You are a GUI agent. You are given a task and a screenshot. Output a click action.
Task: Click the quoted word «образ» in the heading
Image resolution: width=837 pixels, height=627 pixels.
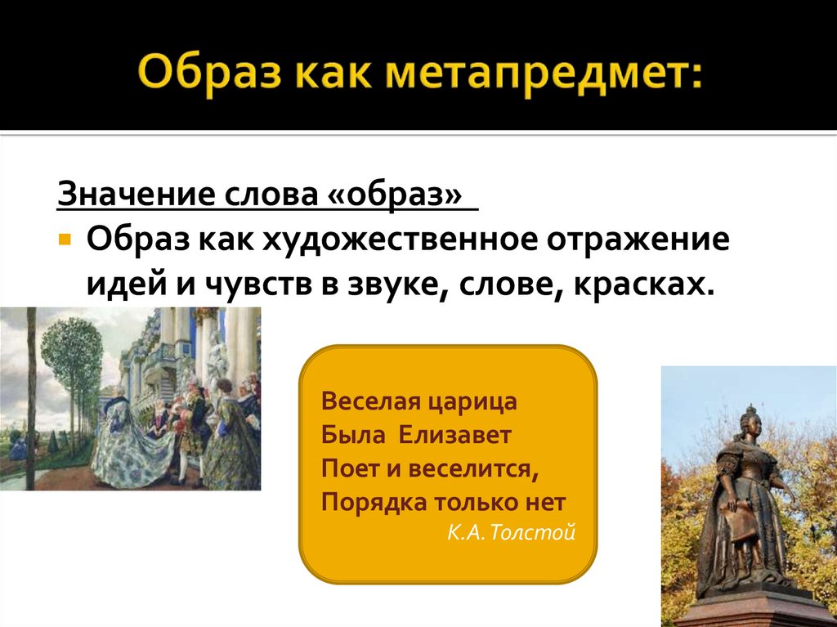click(x=404, y=196)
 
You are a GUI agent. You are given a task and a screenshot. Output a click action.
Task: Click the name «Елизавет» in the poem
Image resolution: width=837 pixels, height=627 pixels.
click(x=454, y=435)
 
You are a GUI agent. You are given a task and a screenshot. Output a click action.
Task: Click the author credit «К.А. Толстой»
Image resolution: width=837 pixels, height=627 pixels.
click(x=512, y=533)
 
